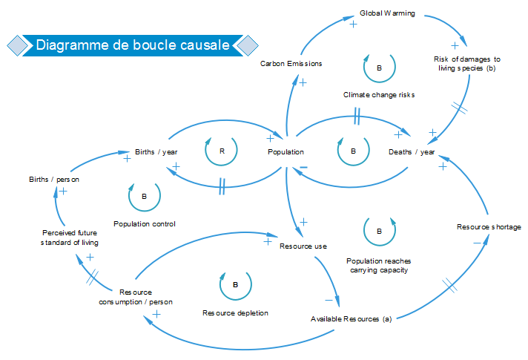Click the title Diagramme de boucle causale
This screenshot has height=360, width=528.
pos(133,45)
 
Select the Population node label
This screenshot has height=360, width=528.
pos(286,152)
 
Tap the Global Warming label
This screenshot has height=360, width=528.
pos(387,13)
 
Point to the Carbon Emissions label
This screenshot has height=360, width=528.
pos(291,64)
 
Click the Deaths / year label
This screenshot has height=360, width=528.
pos(412,152)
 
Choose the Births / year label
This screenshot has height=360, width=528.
pos(156,152)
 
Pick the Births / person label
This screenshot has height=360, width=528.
pos(54,179)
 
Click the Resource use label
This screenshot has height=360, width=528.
pos(303,246)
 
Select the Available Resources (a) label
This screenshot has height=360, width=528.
pos(351,319)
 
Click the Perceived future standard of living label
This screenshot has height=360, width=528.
pos(70,238)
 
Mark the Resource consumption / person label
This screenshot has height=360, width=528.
pos(136,297)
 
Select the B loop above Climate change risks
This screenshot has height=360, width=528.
pos(379,68)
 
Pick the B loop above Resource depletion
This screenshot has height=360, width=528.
pos(235,284)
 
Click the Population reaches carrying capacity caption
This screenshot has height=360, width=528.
pos(380,265)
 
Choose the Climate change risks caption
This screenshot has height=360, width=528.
pos(379,95)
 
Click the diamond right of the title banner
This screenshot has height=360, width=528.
pos(247,45)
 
